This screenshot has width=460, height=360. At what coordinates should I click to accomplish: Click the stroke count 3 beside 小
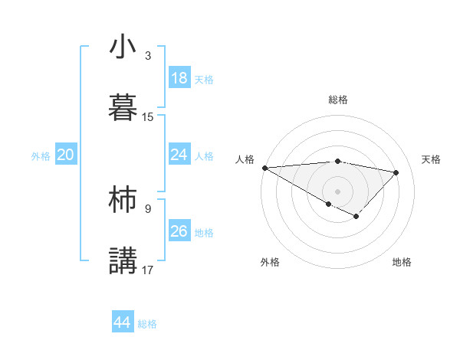(148, 56)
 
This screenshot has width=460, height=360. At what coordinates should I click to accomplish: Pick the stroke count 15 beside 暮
(148, 117)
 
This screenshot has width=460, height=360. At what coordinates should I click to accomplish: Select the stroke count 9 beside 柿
(148, 208)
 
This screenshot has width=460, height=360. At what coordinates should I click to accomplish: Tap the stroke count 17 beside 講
(148, 270)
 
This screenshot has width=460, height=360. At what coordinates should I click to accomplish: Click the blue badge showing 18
(179, 78)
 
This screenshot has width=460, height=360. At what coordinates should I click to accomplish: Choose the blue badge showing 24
(179, 155)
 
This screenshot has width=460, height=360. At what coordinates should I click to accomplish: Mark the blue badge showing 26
(179, 231)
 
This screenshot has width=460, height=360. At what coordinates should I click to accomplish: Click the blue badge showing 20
(65, 155)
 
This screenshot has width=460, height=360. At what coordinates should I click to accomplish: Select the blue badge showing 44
(122, 322)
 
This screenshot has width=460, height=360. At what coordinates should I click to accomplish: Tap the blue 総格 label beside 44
(147, 324)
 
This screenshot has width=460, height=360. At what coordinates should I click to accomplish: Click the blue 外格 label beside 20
(41, 156)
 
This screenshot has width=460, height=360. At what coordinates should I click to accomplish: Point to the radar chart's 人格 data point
(264, 168)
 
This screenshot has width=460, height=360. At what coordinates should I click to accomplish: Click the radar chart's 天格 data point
(396, 172)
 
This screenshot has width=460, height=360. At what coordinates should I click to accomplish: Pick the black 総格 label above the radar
(338, 100)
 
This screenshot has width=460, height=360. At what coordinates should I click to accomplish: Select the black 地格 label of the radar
(402, 262)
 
